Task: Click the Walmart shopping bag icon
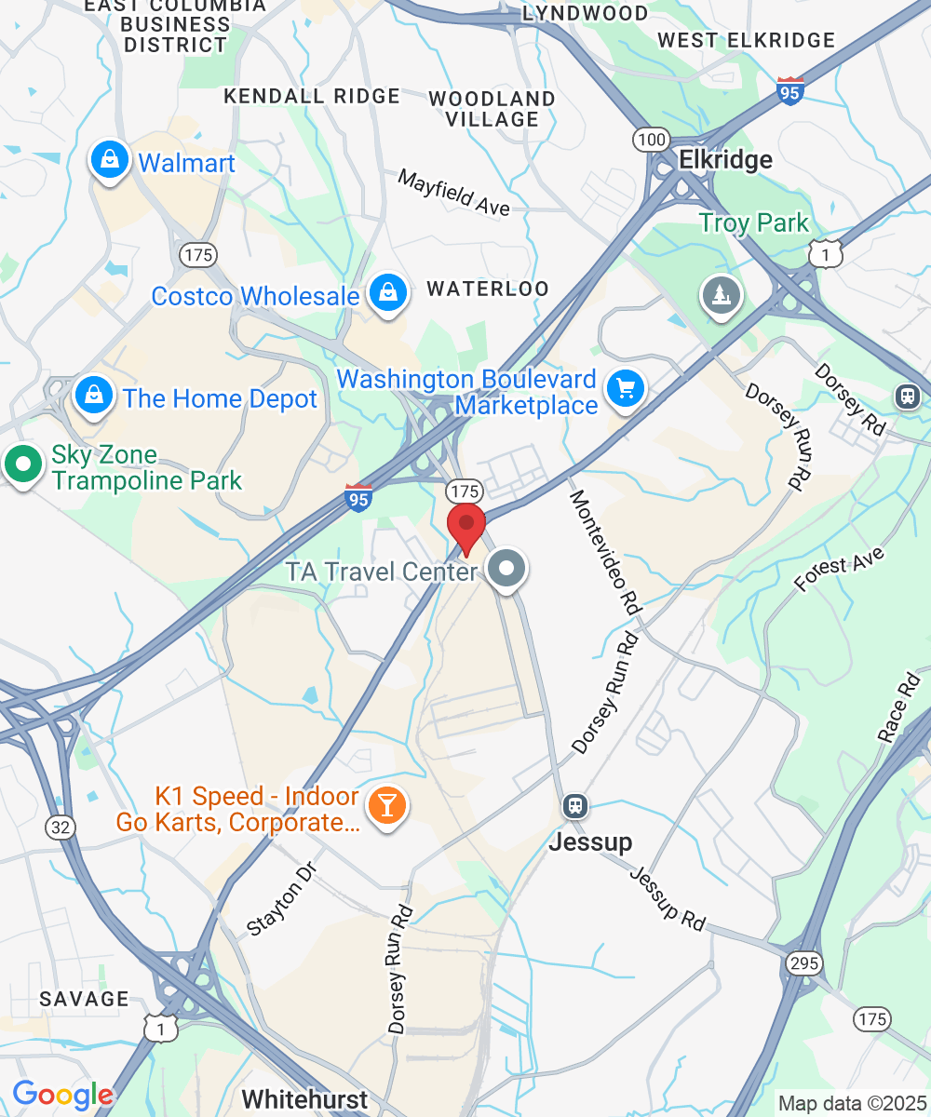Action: (x=110, y=161)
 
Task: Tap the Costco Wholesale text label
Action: (x=255, y=296)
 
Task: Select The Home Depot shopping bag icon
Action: (x=94, y=397)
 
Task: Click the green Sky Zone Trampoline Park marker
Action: (x=22, y=464)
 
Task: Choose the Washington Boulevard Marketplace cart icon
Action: (x=626, y=389)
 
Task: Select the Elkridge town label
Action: (x=725, y=160)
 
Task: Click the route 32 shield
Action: (x=59, y=826)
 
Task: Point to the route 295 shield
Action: (x=803, y=962)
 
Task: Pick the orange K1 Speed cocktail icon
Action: (x=385, y=804)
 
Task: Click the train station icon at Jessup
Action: (x=575, y=805)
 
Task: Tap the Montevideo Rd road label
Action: (x=605, y=551)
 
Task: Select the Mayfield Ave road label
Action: (x=454, y=192)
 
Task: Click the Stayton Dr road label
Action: (x=282, y=897)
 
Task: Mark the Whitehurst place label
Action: (x=304, y=1099)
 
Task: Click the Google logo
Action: (x=62, y=1095)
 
